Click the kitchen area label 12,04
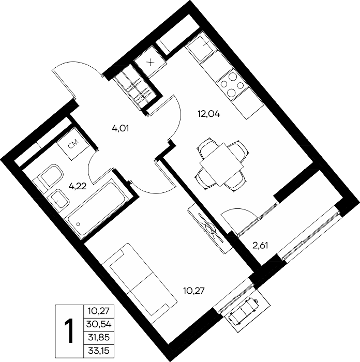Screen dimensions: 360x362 click(x=208, y=114)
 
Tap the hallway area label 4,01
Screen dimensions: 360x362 click(x=120, y=128)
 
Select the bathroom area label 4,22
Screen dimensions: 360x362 click(x=78, y=186)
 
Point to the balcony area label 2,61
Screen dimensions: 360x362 click(x=260, y=246)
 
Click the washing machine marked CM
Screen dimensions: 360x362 click(x=73, y=143)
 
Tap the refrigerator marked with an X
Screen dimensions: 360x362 click(x=151, y=62)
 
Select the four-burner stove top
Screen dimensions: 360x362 click(x=232, y=84)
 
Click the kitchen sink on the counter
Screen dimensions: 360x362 click(x=200, y=47)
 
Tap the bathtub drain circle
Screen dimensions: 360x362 click(x=78, y=224)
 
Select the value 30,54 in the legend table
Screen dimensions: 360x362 click(x=99, y=325)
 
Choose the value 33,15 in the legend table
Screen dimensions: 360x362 click(x=99, y=351)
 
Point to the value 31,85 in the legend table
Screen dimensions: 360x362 click(x=99, y=338)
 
